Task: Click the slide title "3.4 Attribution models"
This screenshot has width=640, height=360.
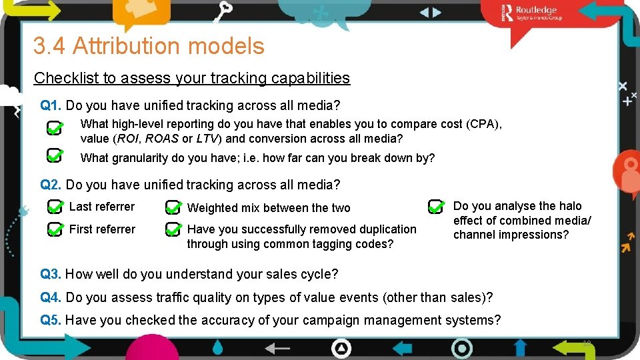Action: [149, 46]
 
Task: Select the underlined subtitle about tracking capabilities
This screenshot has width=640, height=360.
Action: [191, 78]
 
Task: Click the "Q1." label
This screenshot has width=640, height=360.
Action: [51, 105]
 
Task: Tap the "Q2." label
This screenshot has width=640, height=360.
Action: [51, 185]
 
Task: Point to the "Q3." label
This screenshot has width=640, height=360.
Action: [51, 274]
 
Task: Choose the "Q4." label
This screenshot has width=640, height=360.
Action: [51, 297]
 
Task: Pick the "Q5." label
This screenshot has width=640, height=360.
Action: [51, 320]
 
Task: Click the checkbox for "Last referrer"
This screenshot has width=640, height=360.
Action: [55, 207]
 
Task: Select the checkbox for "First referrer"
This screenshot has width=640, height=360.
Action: [55, 230]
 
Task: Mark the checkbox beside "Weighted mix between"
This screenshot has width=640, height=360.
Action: [173, 208]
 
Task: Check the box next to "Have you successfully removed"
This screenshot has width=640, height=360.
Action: [173, 231]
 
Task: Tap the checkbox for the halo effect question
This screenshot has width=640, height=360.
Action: [436, 206]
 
